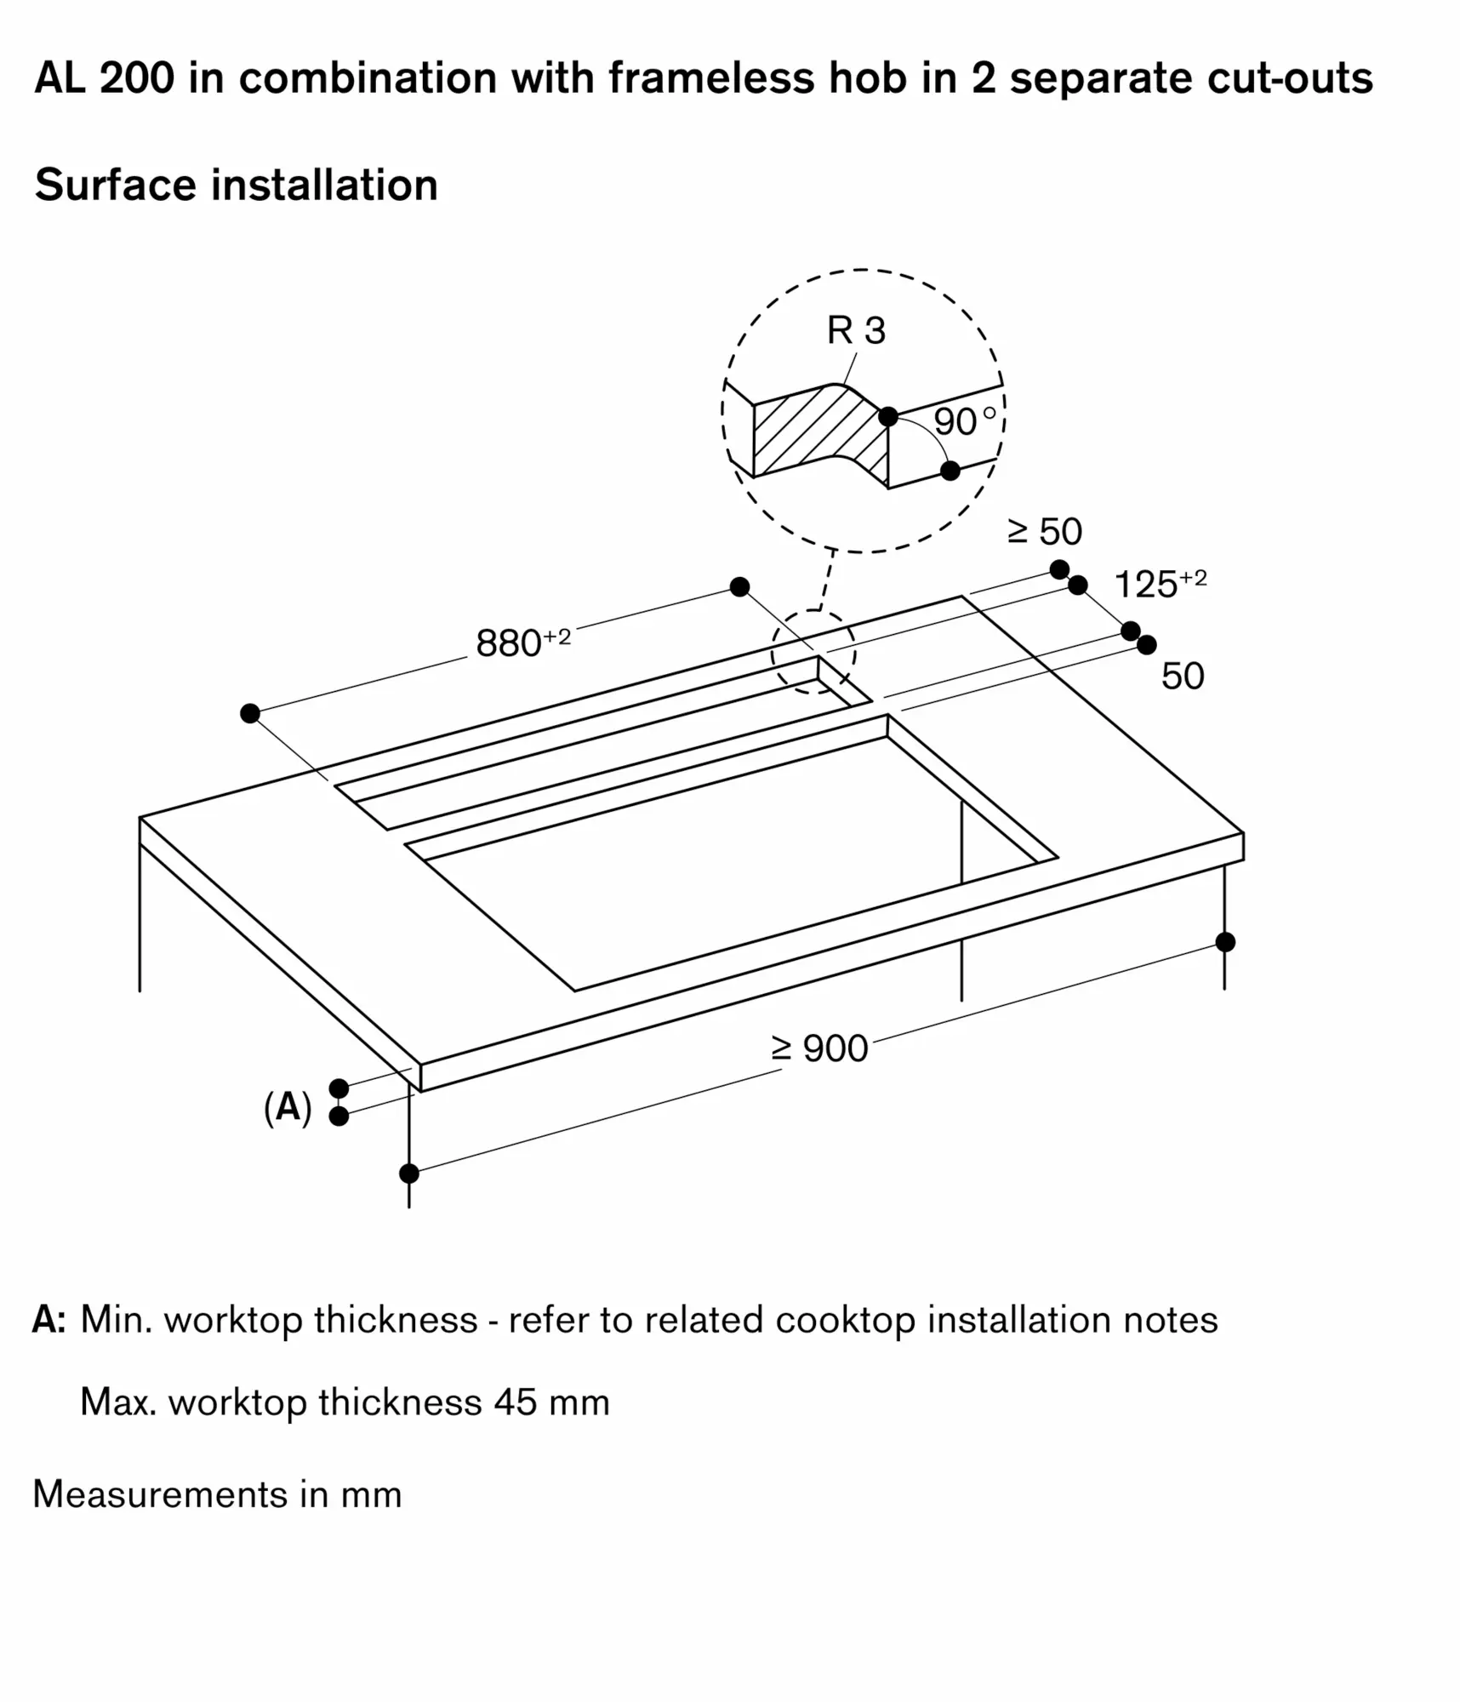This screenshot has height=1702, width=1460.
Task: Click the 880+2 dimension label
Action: (522, 643)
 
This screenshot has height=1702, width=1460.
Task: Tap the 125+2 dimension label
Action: (1159, 584)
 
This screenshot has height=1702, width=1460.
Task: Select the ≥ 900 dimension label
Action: (818, 1048)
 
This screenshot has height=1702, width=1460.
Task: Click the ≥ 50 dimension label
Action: (1044, 532)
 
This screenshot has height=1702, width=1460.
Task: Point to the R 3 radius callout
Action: (855, 331)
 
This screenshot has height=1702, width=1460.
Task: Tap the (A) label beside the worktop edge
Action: (288, 1108)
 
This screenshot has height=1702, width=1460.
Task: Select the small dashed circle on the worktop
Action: (813, 652)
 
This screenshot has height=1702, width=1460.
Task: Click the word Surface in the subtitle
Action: (115, 185)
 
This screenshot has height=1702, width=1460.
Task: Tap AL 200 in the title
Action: (104, 78)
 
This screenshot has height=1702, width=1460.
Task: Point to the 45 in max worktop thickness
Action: (515, 1402)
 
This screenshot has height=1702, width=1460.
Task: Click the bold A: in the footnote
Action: (48, 1320)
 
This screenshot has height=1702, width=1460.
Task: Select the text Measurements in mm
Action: (217, 1494)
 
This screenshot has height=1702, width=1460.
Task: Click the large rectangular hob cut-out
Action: (732, 860)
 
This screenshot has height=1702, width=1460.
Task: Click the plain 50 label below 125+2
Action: (1182, 677)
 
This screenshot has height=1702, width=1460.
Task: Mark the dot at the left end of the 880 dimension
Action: (249, 713)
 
